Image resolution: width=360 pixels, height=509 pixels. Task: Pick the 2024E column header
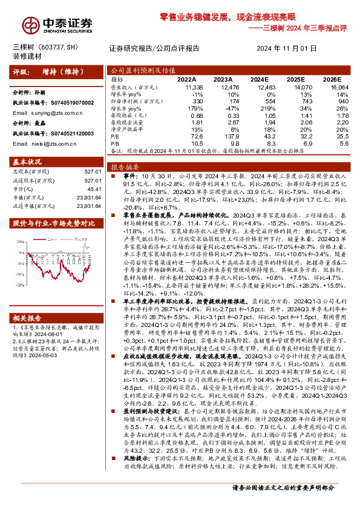click(258, 79)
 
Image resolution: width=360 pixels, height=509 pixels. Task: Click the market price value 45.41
click(92, 187)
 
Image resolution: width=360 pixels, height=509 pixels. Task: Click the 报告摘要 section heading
click(125, 166)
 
